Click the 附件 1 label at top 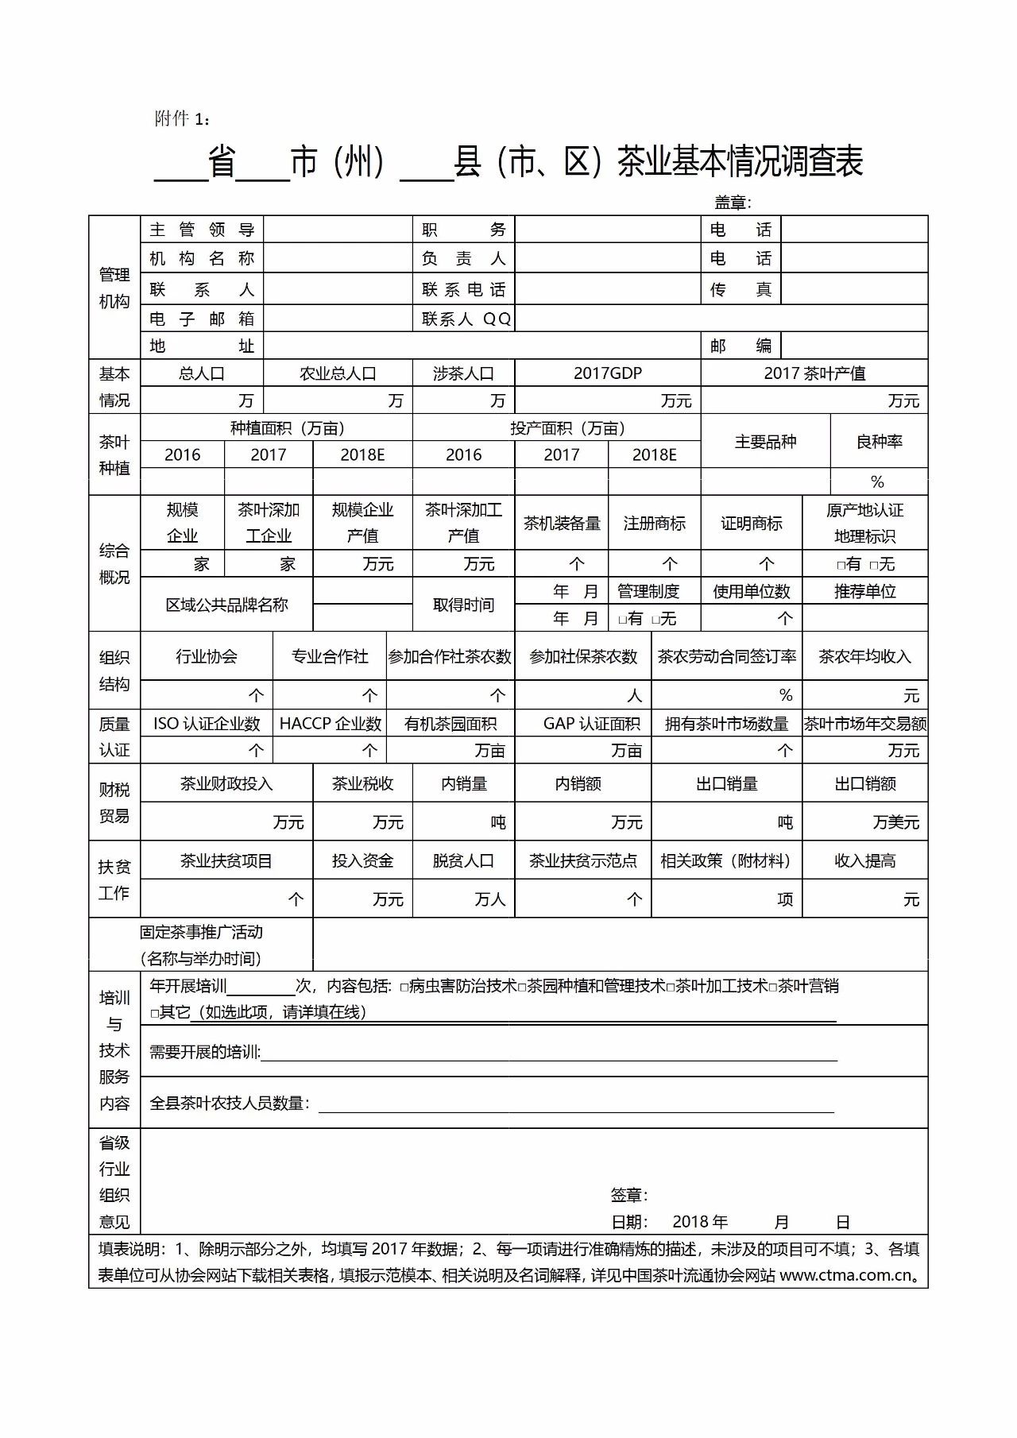(x=182, y=119)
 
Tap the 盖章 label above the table (x=732, y=203)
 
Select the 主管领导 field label (x=202, y=230)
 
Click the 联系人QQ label (x=466, y=319)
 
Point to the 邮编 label (x=741, y=346)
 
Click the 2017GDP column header (x=607, y=373)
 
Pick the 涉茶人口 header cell (x=463, y=373)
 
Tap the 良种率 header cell (x=879, y=442)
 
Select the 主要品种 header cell (x=765, y=442)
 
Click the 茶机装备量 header (x=561, y=524)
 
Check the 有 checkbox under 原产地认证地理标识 (x=841, y=565)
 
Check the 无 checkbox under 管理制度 (x=655, y=620)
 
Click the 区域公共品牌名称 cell (x=226, y=605)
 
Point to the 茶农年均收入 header (x=864, y=657)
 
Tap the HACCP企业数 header (x=330, y=724)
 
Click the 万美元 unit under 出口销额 (x=895, y=822)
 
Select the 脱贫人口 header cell (x=463, y=861)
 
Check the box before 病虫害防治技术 (x=404, y=988)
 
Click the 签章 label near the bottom (x=628, y=1195)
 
